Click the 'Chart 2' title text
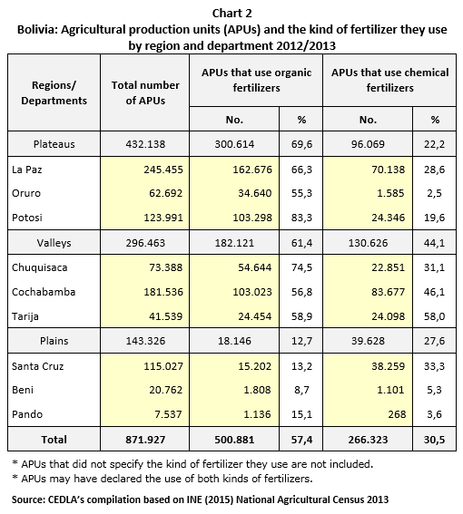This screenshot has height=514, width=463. click(231, 14)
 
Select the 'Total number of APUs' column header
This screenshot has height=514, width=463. click(145, 92)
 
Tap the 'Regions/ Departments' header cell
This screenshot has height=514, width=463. click(54, 92)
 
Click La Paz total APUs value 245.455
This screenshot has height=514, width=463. click(163, 170)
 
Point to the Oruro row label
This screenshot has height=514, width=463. click(26, 193)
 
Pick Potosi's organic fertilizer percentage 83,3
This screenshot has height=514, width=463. click(301, 218)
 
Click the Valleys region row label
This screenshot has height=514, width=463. click(54, 243)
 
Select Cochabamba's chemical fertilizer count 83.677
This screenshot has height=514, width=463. click(389, 292)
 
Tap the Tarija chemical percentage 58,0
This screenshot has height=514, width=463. click(434, 316)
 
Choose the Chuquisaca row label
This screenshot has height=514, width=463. click(40, 267)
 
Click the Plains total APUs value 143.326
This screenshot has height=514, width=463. click(145, 341)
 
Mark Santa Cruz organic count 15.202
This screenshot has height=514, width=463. click(255, 366)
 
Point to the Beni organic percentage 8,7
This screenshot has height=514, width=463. click(301, 390)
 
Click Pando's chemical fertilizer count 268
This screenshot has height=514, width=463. click(397, 414)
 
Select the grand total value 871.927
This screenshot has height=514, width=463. click(145, 440)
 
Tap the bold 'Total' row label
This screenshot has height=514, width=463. click(54, 440)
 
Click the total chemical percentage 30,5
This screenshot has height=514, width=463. click(434, 440)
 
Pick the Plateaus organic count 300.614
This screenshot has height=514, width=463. click(234, 144)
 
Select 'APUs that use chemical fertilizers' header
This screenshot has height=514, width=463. click(389, 80)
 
